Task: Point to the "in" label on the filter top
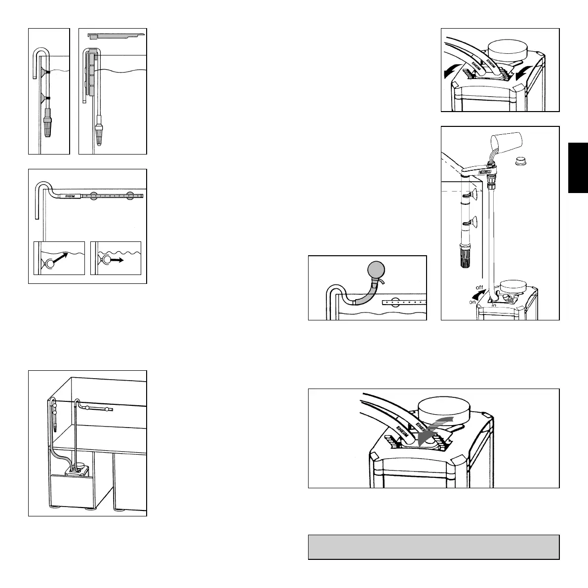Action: point(494,305)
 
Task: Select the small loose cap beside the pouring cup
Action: point(519,160)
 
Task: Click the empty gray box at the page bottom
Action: point(433,547)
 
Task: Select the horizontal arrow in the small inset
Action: point(119,258)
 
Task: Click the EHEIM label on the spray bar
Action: point(66,196)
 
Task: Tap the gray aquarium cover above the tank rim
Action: point(117,36)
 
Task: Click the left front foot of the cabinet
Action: point(52,508)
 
